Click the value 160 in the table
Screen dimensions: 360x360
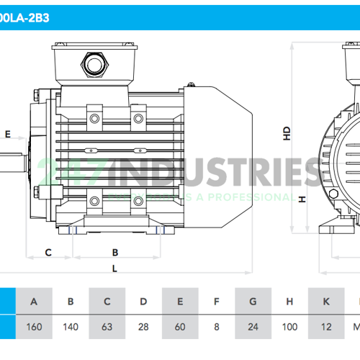(34, 326)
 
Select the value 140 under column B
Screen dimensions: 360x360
(71, 326)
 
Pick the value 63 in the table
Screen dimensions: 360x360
(107, 326)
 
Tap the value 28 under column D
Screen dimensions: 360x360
(143, 326)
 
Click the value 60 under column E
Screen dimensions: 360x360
(180, 326)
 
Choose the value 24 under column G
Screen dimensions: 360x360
(253, 326)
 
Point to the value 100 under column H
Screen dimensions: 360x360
(289, 326)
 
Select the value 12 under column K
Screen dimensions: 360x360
(325, 326)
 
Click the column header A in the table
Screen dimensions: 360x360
(34, 301)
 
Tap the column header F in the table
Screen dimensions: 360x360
(217, 301)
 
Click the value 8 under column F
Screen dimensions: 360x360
(217, 326)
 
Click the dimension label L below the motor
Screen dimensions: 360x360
(115, 269)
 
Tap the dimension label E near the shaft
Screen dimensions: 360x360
(8, 134)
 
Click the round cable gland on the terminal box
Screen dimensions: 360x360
(94, 66)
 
